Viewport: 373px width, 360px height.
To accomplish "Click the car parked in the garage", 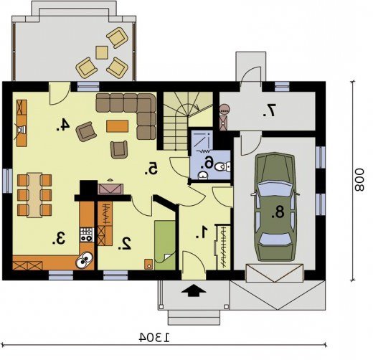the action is pos(275,207).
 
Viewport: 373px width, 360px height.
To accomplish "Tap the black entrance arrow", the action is pos(194,290).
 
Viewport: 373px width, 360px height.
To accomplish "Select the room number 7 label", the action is pos(269,110).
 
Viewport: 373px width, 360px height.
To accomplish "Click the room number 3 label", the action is pos(59,238).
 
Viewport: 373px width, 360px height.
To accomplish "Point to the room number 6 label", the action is pos(207,164).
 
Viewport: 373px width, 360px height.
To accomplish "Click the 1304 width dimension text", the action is pos(154,337).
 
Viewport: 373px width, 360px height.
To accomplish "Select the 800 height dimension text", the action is pos(359,180).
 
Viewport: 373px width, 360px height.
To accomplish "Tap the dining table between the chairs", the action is pos(34,195).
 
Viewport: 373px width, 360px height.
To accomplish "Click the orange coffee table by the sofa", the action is pos(117,126).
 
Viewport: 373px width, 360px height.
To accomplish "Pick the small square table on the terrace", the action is pos(102,52).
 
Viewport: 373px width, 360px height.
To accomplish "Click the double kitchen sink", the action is pos(85,260).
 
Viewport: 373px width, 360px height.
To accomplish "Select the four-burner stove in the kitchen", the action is pos(86,235).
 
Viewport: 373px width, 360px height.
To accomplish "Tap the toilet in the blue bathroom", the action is pos(223,166).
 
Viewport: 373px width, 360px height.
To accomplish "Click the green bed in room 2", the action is pos(165,245).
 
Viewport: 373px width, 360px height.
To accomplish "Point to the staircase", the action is pos(188,121).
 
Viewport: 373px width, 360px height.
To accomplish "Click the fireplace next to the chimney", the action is pos(110,189).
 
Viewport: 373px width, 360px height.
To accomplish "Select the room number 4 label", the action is pos(63,125).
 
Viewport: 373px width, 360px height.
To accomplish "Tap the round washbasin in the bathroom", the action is pos(203,176).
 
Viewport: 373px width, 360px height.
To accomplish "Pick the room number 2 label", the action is pos(124,244).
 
